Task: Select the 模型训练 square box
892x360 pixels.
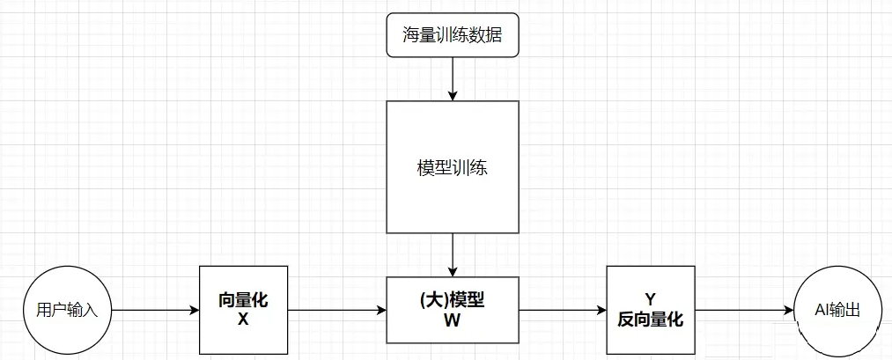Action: (452, 167)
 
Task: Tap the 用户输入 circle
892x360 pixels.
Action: (68, 310)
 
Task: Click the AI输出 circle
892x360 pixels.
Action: (837, 310)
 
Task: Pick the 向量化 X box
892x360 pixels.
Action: (243, 310)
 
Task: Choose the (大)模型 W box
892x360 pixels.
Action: (452, 310)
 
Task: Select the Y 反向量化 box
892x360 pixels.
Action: (651, 310)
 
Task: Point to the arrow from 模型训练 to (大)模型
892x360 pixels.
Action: (452, 255)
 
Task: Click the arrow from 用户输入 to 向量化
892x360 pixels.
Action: (154, 310)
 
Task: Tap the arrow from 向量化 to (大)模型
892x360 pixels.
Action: (336, 310)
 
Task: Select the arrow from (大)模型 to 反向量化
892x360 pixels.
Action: (562, 310)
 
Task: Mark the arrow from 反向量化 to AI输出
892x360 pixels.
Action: (744, 310)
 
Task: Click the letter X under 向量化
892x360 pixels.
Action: (243, 320)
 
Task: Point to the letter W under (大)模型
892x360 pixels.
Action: (452, 320)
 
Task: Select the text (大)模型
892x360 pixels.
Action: (452, 300)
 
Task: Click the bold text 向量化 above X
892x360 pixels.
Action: (243, 300)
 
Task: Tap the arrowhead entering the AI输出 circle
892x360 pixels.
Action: (787, 310)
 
